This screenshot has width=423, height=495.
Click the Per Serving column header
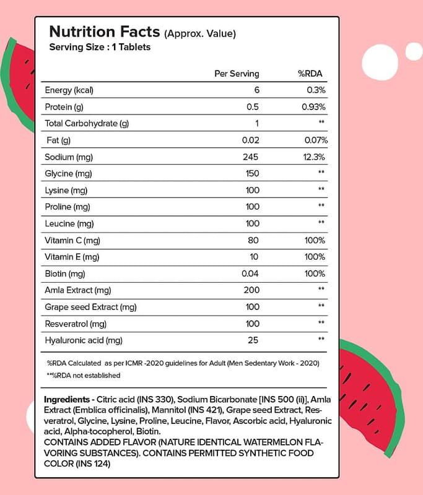tap(237, 74)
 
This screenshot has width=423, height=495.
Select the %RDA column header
tap(310, 74)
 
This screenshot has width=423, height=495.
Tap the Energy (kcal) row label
tap(69, 90)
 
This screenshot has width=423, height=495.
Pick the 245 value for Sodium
tap(251, 157)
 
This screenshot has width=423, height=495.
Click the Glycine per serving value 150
tap(251, 173)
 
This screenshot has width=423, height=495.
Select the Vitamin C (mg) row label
tap(72, 240)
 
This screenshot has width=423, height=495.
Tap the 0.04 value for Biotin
tap(249, 273)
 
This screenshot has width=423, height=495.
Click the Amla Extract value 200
tap(251, 290)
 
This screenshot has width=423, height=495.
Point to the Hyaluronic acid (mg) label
tap(84, 340)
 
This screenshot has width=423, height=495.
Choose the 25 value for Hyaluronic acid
tap(253, 340)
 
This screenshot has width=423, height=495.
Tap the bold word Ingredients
tap(68, 398)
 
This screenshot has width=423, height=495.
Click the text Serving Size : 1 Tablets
tap(99, 47)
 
